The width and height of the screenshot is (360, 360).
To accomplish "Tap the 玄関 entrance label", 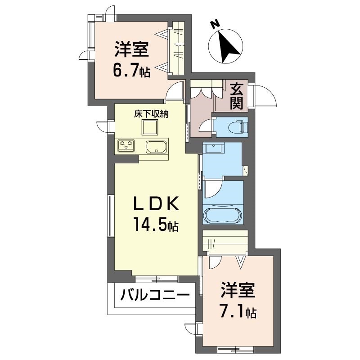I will [237, 97].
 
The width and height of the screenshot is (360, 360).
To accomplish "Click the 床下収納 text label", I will [151, 114].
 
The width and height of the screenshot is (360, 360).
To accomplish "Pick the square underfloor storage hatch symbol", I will [150, 127].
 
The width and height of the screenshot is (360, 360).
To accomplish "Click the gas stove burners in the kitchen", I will [126, 145].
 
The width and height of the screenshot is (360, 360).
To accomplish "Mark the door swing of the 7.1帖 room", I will [215, 262].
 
